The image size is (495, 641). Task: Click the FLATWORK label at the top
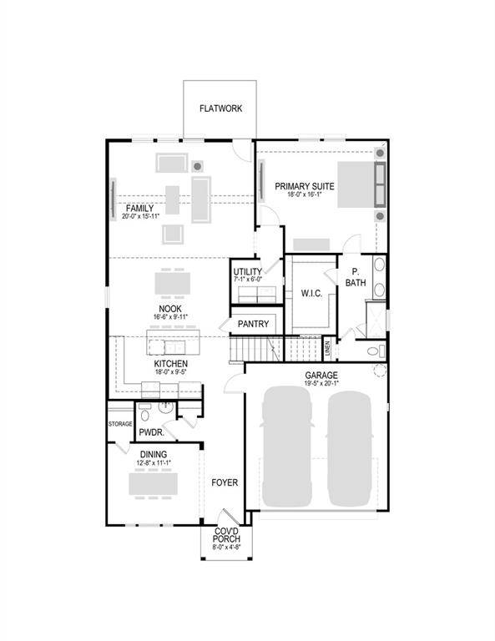(220, 109)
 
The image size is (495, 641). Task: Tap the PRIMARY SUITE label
(305, 186)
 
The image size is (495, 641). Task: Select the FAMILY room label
(139, 207)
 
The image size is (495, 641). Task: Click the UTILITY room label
(247, 272)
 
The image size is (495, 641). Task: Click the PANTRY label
(252, 324)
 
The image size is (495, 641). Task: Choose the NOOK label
(170, 308)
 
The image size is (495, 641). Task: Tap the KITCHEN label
(170, 365)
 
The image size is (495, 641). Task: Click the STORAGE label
(120, 424)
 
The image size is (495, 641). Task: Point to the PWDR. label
(151, 432)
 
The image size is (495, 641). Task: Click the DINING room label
(154, 454)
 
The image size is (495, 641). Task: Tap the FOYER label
(224, 482)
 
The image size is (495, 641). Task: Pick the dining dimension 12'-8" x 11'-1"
(154, 463)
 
